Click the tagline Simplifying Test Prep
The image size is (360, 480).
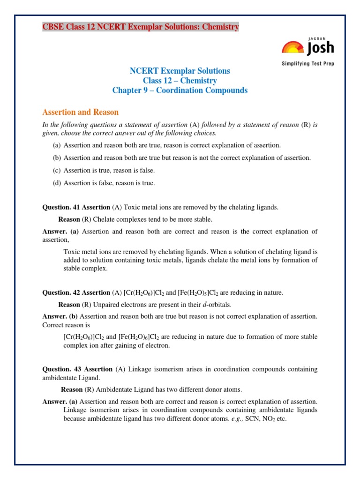(307, 63)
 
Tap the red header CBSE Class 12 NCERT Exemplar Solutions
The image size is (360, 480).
(141, 27)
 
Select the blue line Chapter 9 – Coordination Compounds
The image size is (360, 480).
(180, 90)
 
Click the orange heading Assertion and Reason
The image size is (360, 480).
(81, 112)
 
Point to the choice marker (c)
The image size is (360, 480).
(57, 171)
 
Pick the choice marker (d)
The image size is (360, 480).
(57, 183)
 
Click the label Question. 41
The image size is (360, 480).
(61, 207)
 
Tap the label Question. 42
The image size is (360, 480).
(61, 292)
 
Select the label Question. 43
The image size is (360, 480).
(62, 369)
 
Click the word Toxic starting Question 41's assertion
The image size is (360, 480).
(131, 207)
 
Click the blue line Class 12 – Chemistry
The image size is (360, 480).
(180, 81)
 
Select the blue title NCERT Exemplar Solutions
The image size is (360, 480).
(180, 71)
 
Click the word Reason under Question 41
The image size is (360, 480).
(69, 219)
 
